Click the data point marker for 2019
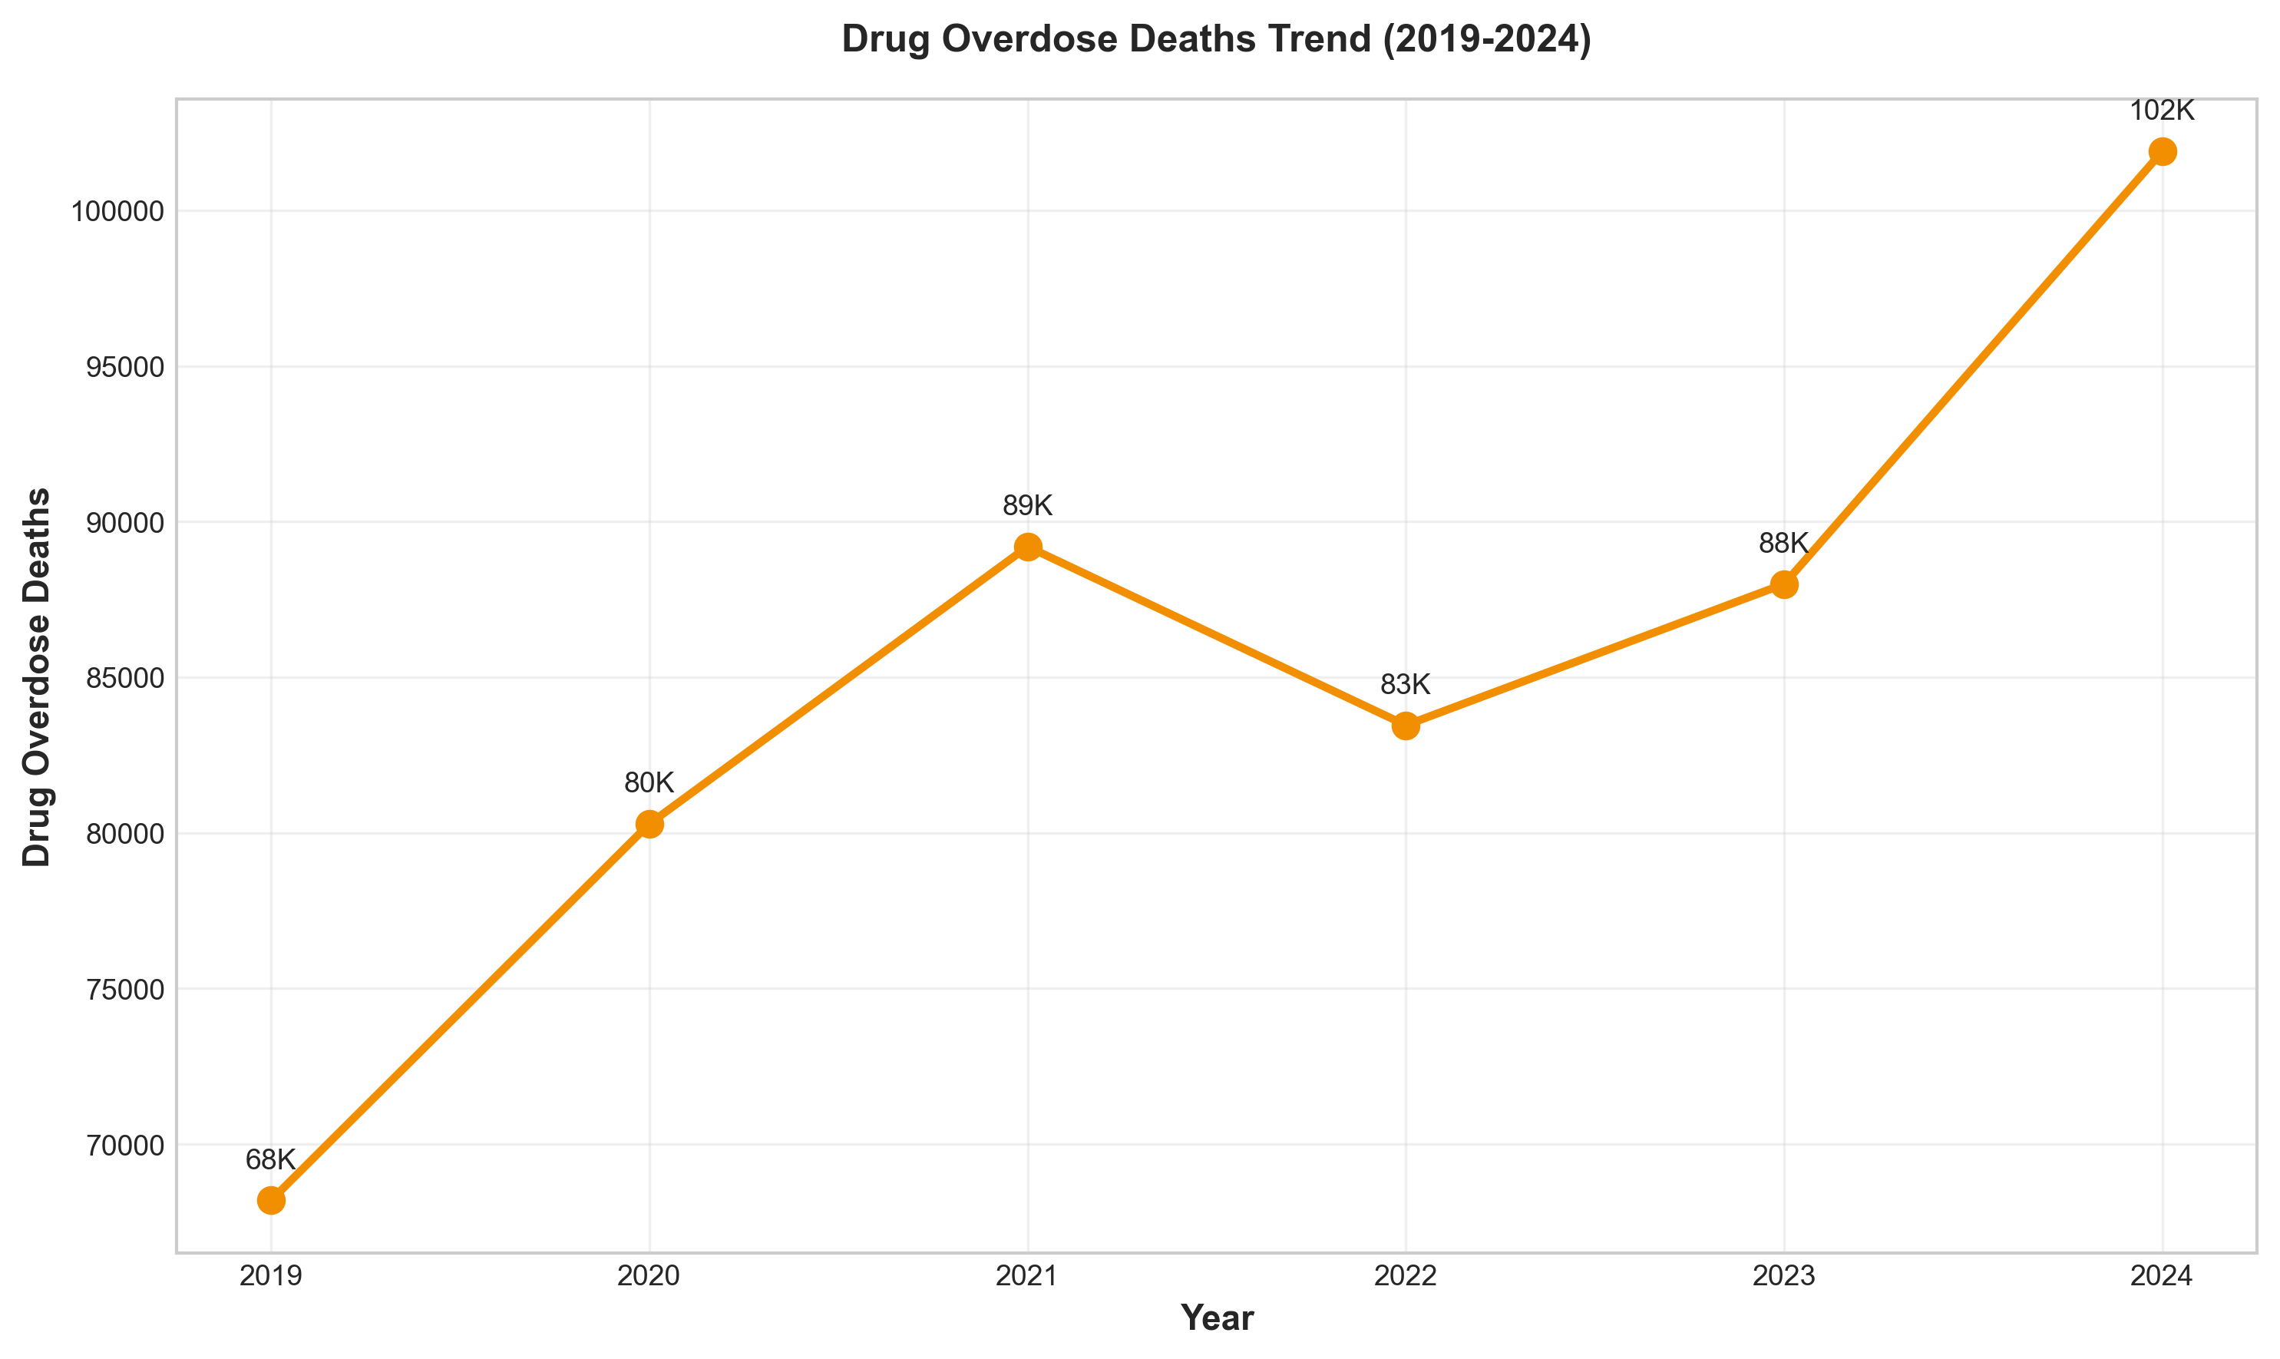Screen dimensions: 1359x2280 point(271,1199)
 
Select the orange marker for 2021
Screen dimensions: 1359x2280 point(1027,547)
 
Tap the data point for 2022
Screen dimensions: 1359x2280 point(1406,726)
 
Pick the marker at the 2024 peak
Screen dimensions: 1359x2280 point(2162,151)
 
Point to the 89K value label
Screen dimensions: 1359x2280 point(1027,505)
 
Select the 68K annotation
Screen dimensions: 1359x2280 point(271,1159)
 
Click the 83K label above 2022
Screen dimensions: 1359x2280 point(1406,684)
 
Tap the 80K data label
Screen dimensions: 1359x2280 point(649,783)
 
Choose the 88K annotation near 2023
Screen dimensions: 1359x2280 point(1784,543)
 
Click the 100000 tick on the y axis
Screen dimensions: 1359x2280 point(118,213)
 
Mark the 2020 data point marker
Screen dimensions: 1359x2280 point(649,824)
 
